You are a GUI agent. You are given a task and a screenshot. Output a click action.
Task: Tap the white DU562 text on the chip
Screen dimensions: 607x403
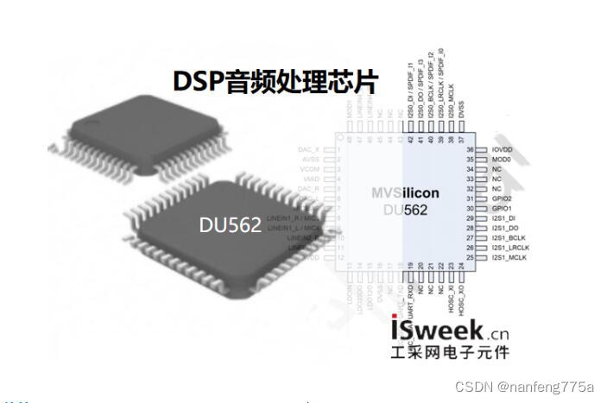pyautogui.click(x=230, y=225)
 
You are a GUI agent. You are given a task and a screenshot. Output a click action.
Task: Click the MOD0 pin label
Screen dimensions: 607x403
pyautogui.click(x=502, y=160)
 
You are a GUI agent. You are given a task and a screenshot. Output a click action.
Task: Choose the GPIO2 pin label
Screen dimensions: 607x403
pyautogui.click(x=502, y=198)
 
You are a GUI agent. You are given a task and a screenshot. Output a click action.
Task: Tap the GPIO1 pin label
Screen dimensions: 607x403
pyautogui.click(x=502, y=209)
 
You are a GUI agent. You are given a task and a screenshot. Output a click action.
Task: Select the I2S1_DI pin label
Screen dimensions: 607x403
pyautogui.click(x=504, y=219)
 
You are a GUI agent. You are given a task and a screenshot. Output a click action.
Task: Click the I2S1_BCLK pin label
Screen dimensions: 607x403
pyautogui.click(x=509, y=238)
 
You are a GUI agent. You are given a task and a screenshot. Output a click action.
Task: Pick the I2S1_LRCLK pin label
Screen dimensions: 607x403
pyautogui.click(x=510, y=249)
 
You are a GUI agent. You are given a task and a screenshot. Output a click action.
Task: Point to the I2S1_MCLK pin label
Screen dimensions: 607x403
pyautogui.click(x=509, y=258)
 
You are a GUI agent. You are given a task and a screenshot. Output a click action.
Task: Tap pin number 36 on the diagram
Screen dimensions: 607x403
pyautogui.click(x=471, y=150)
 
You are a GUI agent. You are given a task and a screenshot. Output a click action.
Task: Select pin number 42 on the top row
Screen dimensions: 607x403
pyautogui.click(x=408, y=139)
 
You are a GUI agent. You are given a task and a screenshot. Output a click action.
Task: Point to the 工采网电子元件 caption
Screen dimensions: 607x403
pyautogui.click(x=450, y=352)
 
